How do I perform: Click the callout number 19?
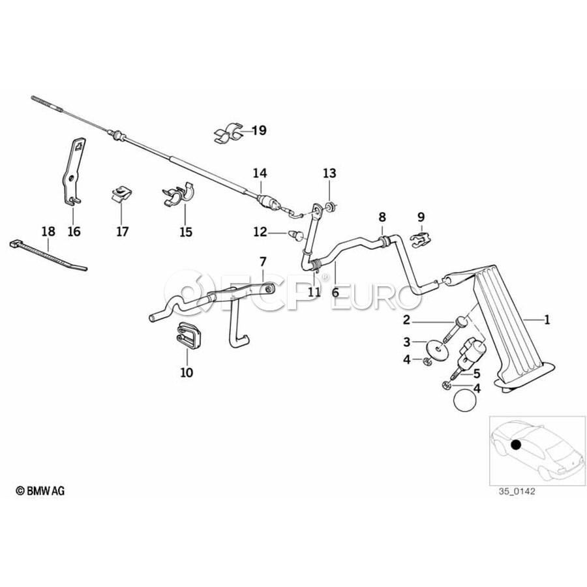point(259,130)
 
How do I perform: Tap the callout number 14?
point(260,173)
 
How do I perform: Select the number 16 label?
point(74,231)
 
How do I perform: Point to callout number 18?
point(48,231)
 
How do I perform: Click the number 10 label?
point(187,372)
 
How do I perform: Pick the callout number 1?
point(547,320)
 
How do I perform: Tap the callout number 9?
point(421,216)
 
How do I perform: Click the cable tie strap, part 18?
point(49,254)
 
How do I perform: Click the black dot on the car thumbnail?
point(516,445)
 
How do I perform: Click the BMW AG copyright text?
point(40,490)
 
